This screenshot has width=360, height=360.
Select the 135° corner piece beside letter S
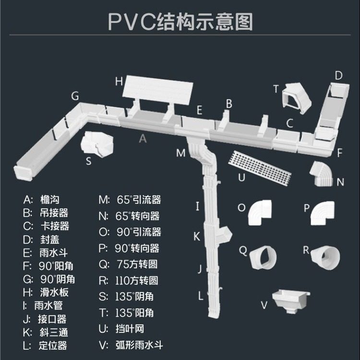pos(98,143)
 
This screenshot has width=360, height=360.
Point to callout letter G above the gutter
pos(75,96)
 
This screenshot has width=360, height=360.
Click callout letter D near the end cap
pos(338,75)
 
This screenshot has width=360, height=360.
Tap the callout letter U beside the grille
pos(242,177)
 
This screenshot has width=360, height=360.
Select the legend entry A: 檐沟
pos(44,199)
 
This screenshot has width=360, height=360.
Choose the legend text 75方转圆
pos(137,264)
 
